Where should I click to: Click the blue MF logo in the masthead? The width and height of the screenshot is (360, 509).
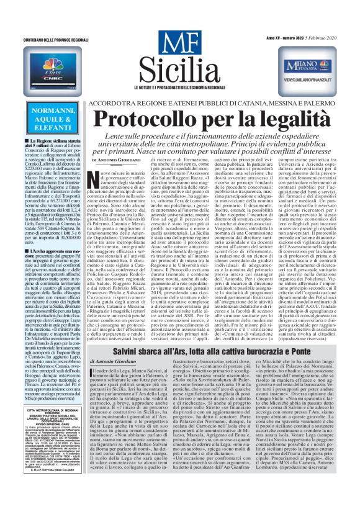179,45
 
